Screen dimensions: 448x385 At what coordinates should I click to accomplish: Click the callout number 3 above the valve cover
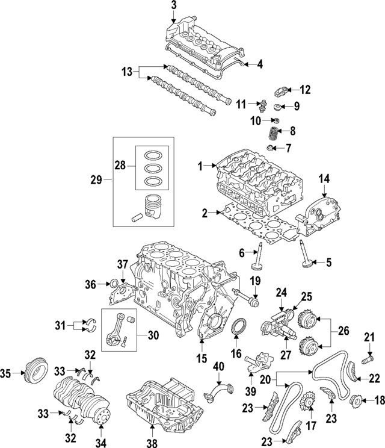(174, 6)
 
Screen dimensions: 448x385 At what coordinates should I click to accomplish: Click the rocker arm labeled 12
(284, 92)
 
